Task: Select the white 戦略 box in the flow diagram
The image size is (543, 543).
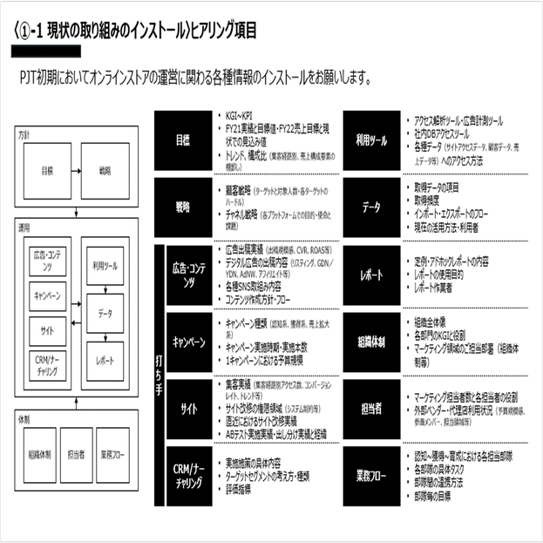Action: [104, 170]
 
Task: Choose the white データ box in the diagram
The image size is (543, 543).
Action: [105, 313]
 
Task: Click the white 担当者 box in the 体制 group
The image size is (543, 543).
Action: [77, 454]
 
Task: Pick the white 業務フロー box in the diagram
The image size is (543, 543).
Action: [116, 454]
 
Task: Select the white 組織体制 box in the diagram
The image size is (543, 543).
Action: [38, 454]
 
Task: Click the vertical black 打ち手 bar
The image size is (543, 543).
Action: [159, 375]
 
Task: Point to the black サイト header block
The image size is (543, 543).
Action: [188, 408]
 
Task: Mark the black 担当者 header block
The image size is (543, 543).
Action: [371, 408]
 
